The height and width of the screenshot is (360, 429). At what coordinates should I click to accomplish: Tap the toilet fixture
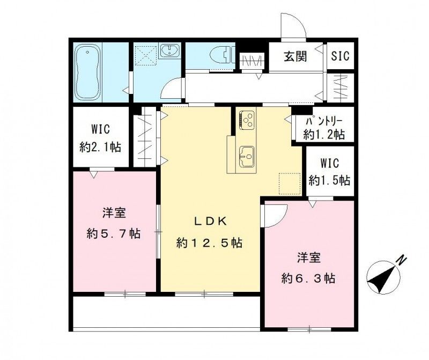[221, 54]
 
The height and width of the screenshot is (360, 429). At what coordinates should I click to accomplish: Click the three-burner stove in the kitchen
[247, 119]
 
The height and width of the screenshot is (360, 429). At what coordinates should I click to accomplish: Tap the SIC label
[340, 55]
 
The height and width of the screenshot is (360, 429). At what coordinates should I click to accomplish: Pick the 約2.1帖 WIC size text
[100, 147]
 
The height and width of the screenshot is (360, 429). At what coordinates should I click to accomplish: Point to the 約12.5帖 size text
[209, 243]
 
